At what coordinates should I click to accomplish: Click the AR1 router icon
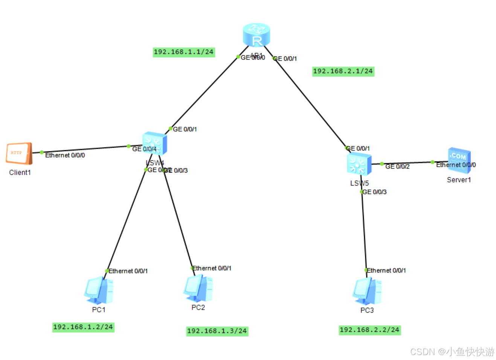[x=256, y=35]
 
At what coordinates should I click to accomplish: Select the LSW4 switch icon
[x=154, y=143]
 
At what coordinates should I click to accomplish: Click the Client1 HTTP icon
[x=19, y=153]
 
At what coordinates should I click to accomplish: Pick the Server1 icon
[x=459, y=160]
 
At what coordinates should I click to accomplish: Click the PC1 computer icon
[x=99, y=290]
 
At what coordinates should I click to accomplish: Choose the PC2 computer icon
[x=198, y=288]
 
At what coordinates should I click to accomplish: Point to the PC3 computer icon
[x=367, y=291]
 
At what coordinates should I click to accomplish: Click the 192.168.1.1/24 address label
[x=184, y=52]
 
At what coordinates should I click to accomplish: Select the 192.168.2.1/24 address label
[x=343, y=71]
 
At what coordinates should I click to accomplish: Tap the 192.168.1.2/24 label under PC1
[x=83, y=327]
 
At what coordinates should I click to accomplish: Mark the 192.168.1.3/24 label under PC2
[x=217, y=331]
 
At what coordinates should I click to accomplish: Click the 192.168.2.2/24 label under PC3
[x=369, y=330]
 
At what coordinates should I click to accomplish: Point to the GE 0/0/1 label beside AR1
[x=285, y=59]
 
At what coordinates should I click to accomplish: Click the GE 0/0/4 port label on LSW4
[x=144, y=149]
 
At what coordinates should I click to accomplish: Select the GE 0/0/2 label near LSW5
[x=397, y=166]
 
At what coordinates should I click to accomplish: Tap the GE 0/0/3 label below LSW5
[x=374, y=192]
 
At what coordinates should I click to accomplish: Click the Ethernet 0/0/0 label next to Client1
[x=65, y=155]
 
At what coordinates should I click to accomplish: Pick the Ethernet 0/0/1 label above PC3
[x=386, y=270]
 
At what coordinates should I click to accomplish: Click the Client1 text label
[x=20, y=172]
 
